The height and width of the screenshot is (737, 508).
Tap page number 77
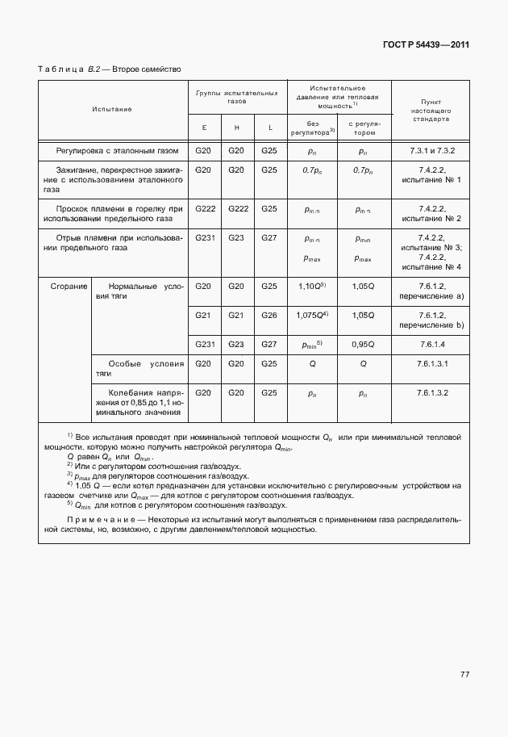tap(464, 673)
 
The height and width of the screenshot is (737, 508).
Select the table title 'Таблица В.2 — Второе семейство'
tap(110, 69)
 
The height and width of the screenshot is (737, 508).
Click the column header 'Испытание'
tap(112, 108)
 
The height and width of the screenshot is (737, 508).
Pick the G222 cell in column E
tap(204, 208)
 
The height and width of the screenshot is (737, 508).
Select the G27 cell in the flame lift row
tap(269, 238)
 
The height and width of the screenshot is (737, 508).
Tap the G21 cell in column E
tap(204, 315)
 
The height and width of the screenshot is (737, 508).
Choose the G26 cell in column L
tap(269, 315)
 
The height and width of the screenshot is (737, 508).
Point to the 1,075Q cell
tap(310, 316)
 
